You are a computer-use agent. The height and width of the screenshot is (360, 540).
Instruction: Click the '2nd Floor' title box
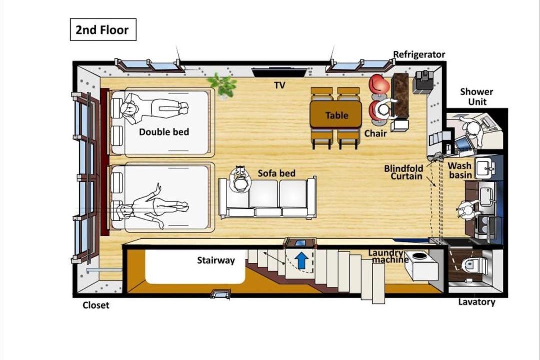coord(103,30)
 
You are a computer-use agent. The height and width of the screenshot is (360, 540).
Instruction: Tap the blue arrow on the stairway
coord(301,260)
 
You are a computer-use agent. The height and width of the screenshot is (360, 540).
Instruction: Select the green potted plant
coord(222,85)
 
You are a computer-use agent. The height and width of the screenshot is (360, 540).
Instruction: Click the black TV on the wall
coord(279,72)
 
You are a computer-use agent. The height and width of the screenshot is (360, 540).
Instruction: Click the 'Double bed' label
coord(164,132)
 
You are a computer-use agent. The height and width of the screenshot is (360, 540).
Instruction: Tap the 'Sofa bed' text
coord(277,173)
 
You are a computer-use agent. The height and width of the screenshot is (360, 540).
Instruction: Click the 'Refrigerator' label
coord(419,55)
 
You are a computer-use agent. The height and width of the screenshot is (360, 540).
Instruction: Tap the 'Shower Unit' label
coord(477,97)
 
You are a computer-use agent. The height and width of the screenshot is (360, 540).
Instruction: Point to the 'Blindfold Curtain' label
coord(404,172)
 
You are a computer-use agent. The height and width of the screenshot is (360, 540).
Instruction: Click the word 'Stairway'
coord(216,260)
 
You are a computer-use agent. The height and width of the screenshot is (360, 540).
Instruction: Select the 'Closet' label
coord(96,305)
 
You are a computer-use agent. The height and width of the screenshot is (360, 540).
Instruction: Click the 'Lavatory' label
coord(477,302)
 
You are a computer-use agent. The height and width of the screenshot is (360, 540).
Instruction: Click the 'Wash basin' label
coord(460,170)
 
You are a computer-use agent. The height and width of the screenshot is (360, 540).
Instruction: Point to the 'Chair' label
coord(375,133)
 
